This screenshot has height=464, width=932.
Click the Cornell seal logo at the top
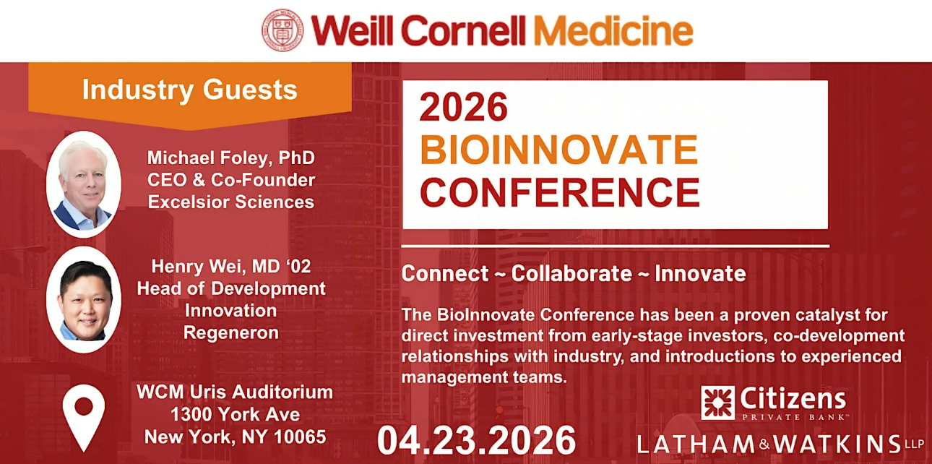point(282,30)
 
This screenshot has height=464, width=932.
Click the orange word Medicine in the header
point(613,30)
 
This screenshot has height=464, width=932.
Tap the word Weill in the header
point(352,30)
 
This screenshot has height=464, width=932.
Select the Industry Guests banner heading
point(190,90)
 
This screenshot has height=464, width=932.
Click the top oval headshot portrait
point(84,184)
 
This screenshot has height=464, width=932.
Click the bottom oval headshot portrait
point(84,300)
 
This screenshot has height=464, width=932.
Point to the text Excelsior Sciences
point(231,202)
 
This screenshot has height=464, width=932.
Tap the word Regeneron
point(231,333)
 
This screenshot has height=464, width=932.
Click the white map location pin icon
point(84,418)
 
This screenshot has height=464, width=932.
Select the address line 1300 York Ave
point(235,414)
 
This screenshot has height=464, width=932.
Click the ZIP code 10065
point(300,437)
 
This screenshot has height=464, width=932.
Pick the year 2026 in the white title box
point(464,107)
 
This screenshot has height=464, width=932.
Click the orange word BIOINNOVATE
point(558,150)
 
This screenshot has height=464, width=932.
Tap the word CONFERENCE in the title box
point(560,192)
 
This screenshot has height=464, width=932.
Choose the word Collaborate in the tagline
point(571,274)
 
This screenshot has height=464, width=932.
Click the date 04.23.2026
point(476,441)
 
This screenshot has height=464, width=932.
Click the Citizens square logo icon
point(717,403)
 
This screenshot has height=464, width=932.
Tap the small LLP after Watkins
point(915,444)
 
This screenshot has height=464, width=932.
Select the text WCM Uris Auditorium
point(235,392)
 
